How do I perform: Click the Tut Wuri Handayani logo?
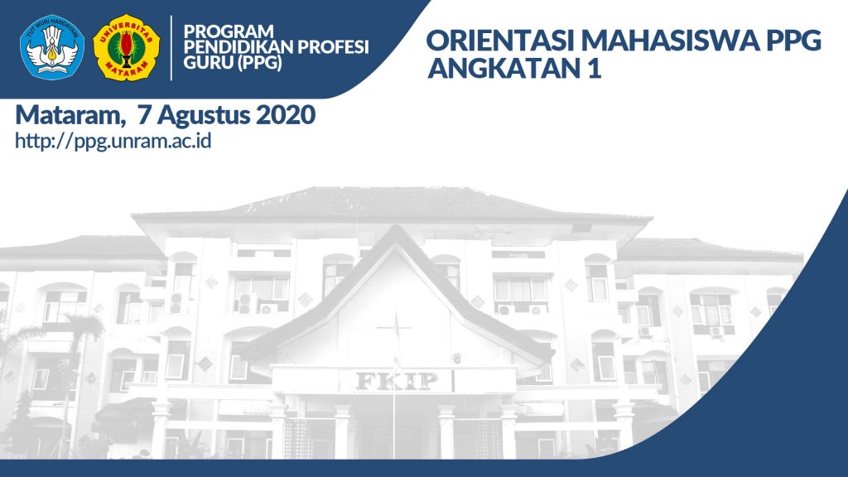(52, 47)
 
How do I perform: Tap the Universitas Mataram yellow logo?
(127, 47)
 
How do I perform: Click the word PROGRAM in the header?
(229, 31)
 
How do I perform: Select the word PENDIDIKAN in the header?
(238, 47)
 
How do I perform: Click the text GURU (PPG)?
(233, 63)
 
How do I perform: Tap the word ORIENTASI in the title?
(502, 41)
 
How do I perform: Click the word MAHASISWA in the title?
(672, 41)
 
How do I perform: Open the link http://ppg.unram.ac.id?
(113, 141)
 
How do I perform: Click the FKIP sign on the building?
(397, 381)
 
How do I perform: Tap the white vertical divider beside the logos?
(171, 47)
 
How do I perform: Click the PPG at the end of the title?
(794, 41)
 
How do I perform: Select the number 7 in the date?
(144, 115)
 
